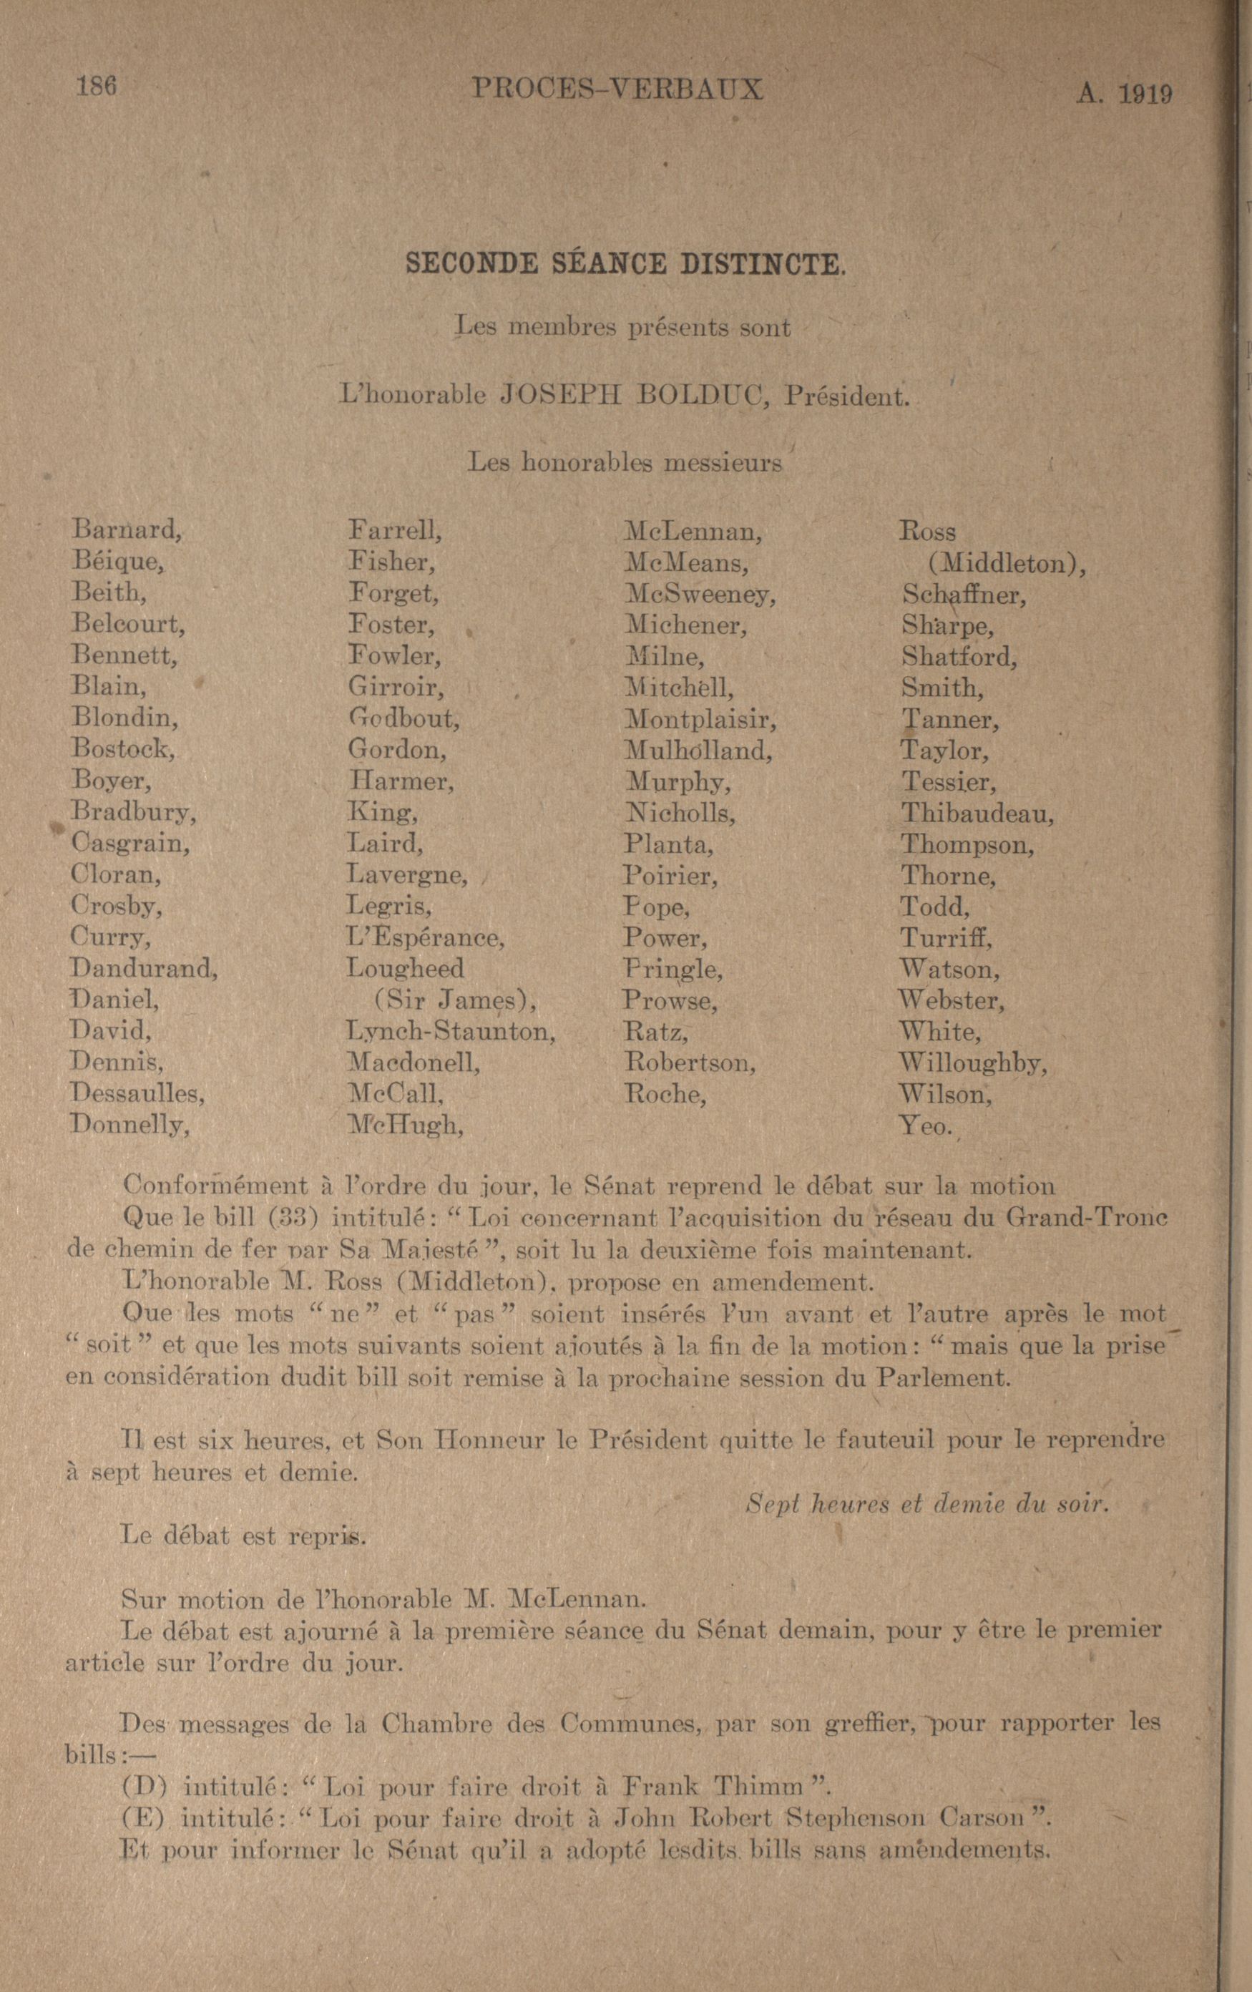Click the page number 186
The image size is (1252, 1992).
tap(96, 86)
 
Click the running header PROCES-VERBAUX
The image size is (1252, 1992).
tap(617, 89)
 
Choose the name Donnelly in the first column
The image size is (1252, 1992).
tap(129, 1124)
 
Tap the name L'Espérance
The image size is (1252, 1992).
tap(425, 937)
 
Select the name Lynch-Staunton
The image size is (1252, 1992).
tap(451, 1032)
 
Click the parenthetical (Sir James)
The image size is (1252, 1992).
tap(454, 1000)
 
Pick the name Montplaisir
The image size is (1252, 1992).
tap(700, 718)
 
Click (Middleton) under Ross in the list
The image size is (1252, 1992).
tap(1004, 563)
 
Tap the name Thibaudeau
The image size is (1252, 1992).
tap(977, 813)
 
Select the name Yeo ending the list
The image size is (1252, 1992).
tap(925, 1125)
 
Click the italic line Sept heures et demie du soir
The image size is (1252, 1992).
tap(926, 1503)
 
